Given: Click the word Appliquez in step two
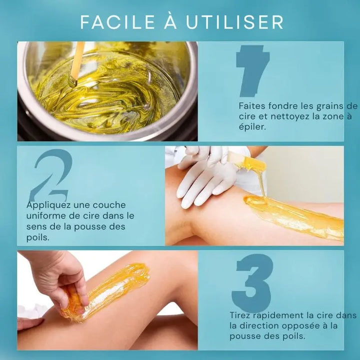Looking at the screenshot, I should tap(47, 205).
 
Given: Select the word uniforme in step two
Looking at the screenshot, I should tap(45, 215).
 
